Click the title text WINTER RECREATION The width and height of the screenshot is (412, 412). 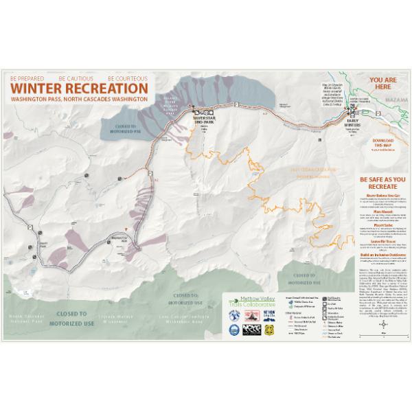tap(78, 89)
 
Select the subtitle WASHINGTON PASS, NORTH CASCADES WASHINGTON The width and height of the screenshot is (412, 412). tap(78, 100)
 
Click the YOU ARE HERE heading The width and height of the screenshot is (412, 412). tap(383, 84)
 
